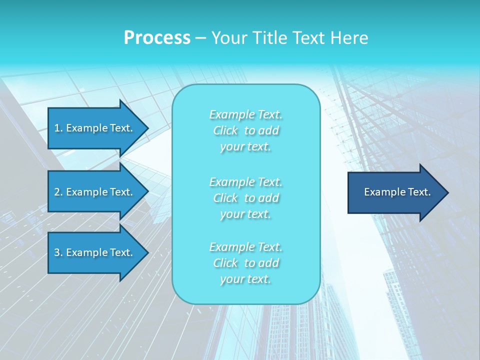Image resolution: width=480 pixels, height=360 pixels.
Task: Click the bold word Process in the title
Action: pyautogui.click(x=157, y=38)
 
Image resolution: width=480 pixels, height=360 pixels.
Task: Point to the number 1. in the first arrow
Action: pyautogui.click(x=58, y=128)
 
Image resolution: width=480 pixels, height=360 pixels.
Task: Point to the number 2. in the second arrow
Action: pyautogui.click(x=58, y=192)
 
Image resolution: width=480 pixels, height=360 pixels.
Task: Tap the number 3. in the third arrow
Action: pyautogui.click(x=58, y=252)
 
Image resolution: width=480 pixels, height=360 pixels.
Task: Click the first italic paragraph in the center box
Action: pyautogui.click(x=246, y=130)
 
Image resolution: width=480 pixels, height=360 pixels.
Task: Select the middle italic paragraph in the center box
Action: pyautogui.click(x=246, y=197)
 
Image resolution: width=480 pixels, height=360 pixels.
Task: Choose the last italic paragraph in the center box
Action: pyautogui.click(x=246, y=263)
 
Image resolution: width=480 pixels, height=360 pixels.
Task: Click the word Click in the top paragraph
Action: pyautogui.click(x=225, y=130)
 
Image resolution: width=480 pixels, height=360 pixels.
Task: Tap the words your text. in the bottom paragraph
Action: pyautogui.click(x=245, y=279)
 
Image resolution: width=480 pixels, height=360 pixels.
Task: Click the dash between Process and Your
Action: pyautogui.click(x=200, y=38)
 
